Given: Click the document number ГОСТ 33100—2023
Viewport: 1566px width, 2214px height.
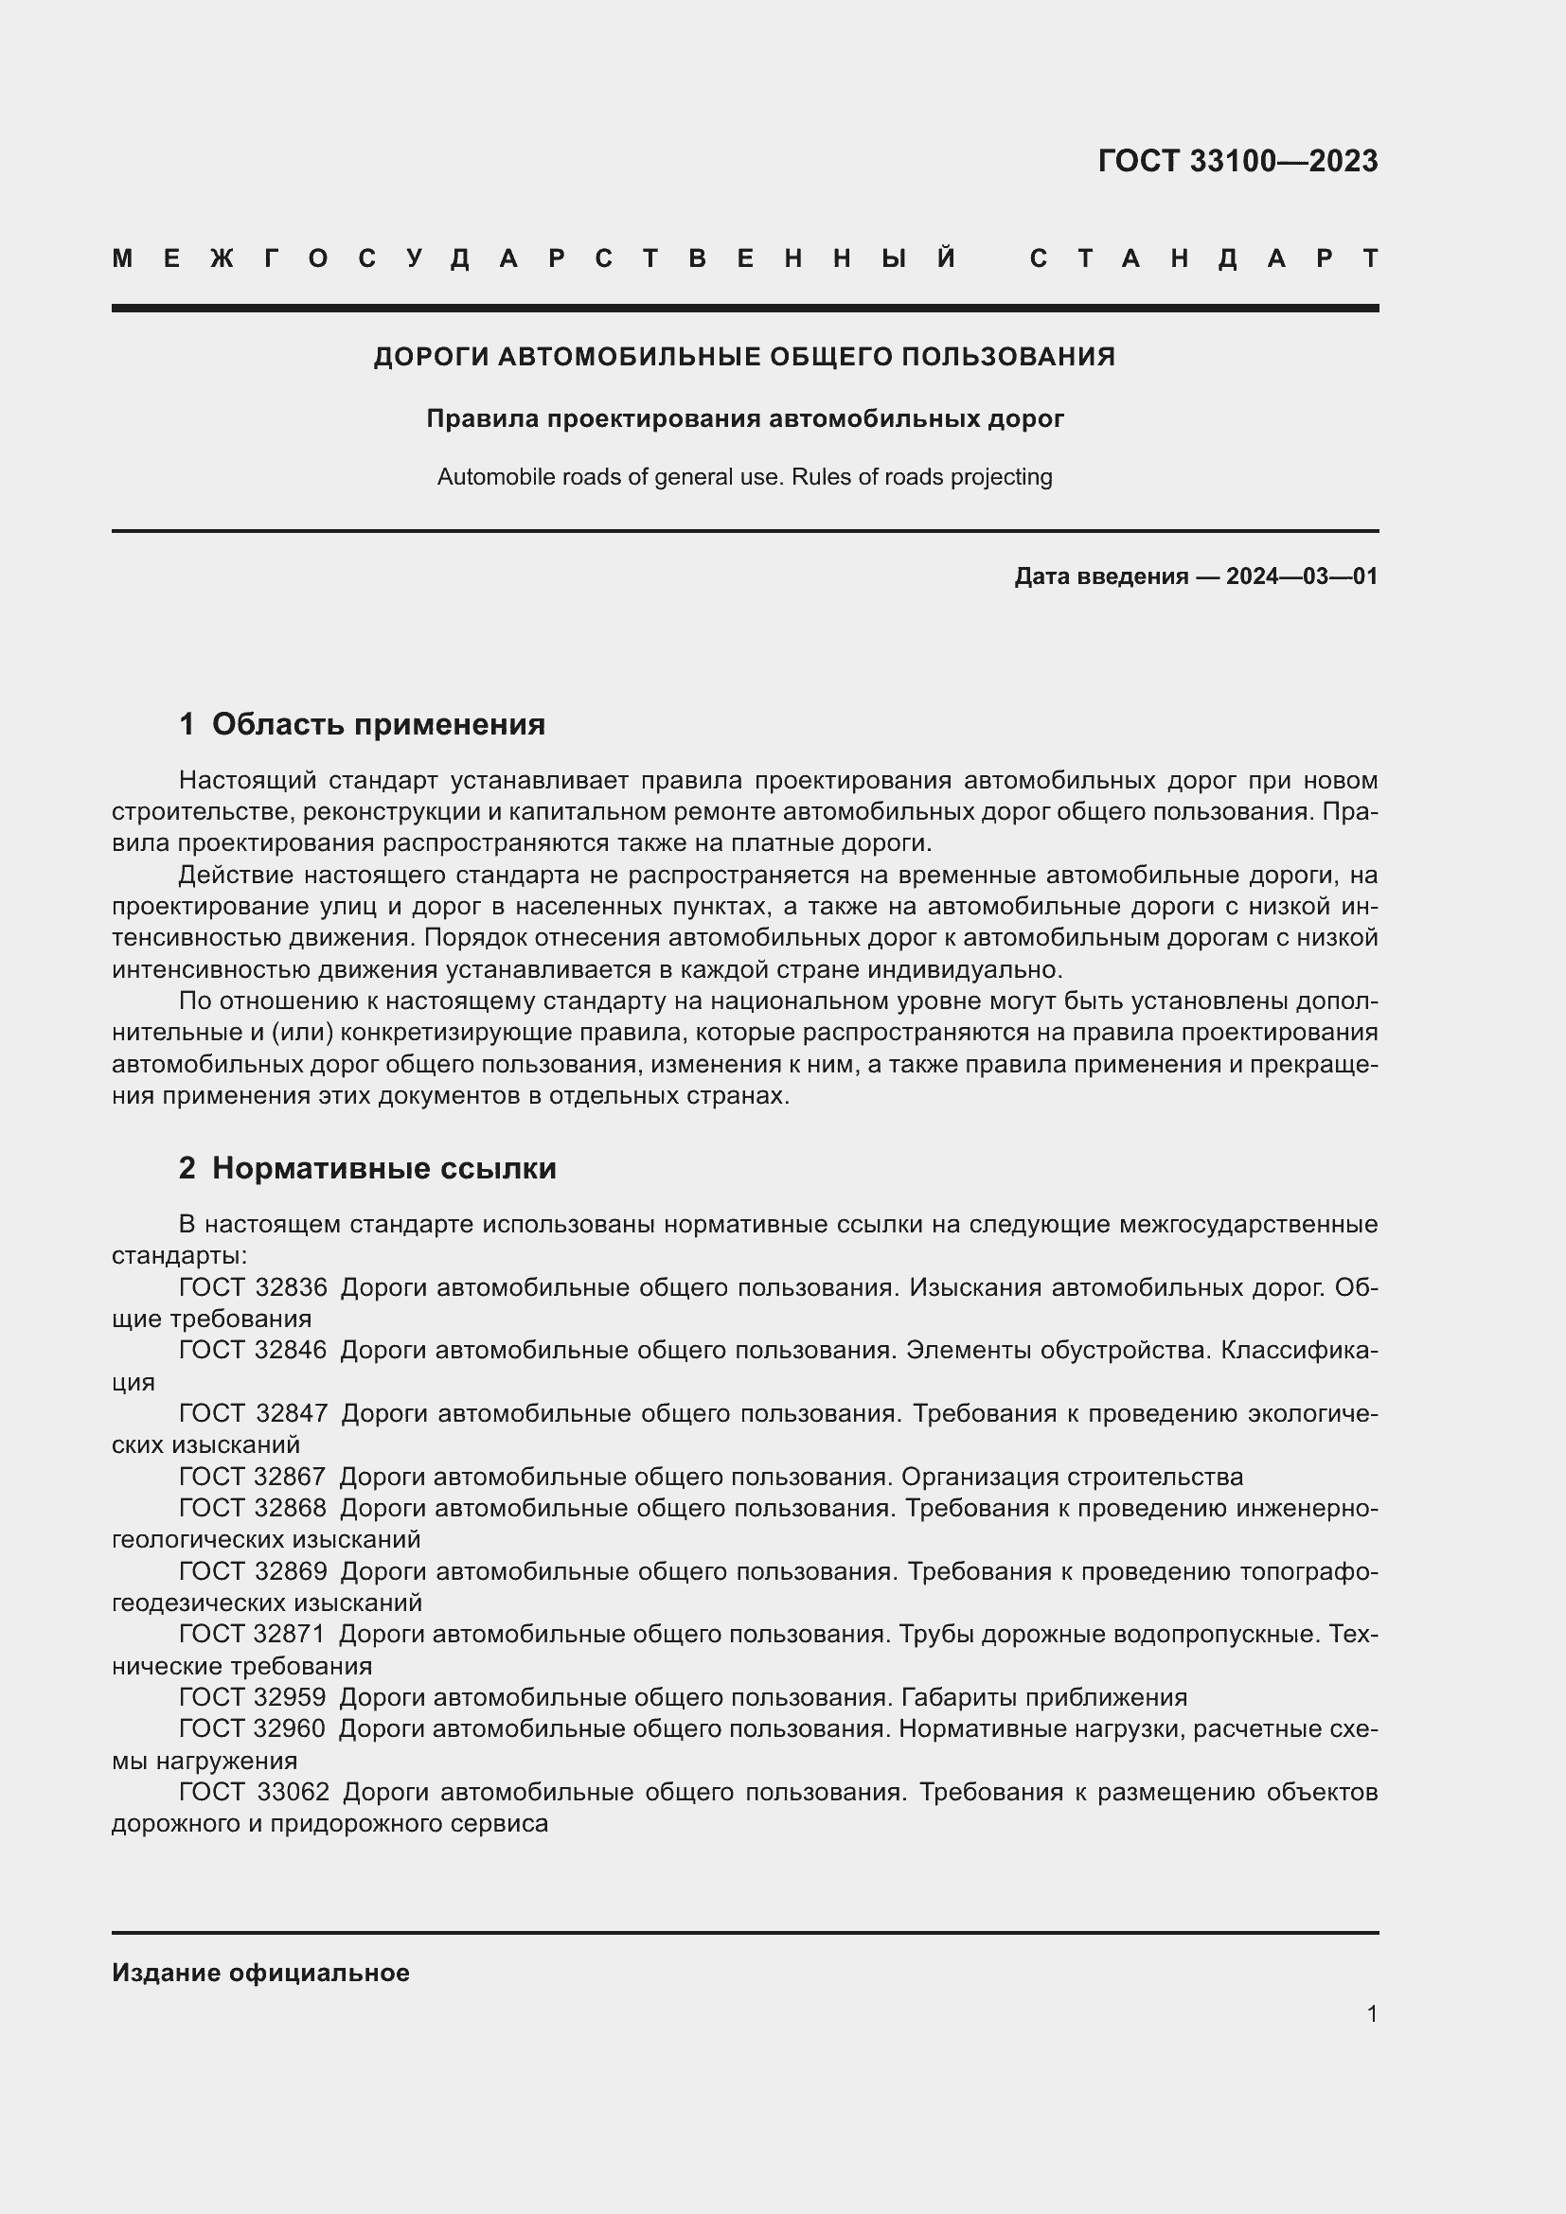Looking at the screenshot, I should pos(1237,161).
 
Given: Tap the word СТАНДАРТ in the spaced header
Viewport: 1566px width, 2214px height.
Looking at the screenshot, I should pos(1203,258).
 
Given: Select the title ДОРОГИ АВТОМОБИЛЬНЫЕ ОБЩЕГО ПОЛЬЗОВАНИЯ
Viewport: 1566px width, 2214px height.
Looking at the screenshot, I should pos(743,357).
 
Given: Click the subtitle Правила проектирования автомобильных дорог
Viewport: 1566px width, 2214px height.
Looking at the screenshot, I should pos(744,418).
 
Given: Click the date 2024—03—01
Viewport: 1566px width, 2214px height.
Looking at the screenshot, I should pos(1301,576).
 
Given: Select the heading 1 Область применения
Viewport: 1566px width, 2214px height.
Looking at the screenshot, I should pos(362,724).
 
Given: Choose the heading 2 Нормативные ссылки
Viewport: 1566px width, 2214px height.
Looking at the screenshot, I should pos(367,1168).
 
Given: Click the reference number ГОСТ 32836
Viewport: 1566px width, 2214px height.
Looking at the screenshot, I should pos(253,1286).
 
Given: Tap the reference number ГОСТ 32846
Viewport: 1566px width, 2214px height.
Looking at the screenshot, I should pos(253,1349).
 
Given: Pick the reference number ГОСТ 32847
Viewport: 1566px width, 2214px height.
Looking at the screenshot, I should pos(253,1412).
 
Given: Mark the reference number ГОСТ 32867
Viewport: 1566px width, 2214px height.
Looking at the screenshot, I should pos(253,1477).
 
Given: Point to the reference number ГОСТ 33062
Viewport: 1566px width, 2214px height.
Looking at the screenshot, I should pos(254,1792).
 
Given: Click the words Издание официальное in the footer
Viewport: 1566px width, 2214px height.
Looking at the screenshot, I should pos(260,1972).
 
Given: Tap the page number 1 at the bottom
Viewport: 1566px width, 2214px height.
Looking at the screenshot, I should pos(1371,2013).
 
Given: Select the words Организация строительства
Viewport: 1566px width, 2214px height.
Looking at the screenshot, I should pos(1072,1477).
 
